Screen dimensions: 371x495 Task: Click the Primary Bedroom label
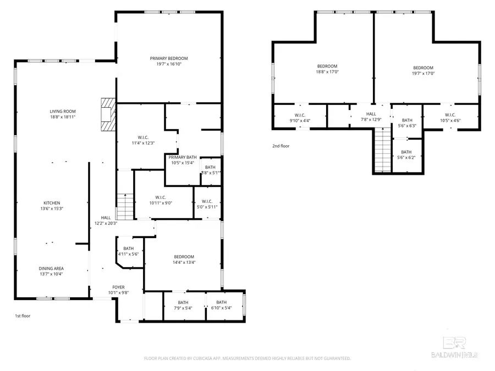tap(169, 58)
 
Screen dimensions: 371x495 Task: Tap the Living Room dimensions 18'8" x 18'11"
tap(62, 117)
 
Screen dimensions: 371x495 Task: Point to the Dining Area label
tap(51, 268)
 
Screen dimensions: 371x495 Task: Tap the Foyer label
tap(118, 287)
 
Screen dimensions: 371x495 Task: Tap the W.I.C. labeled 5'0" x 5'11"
tap(207, 201)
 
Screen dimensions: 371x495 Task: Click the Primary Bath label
tap(183, 157)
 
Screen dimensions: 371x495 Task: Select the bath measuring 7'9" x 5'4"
tap(183, 302)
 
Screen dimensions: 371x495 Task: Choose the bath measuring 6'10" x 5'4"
tap(221, 302)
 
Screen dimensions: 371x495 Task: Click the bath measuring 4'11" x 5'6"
tap(129, 248)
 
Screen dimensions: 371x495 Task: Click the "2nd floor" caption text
tap(280, 146)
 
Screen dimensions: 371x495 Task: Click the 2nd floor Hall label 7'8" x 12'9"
tap(371, 114)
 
